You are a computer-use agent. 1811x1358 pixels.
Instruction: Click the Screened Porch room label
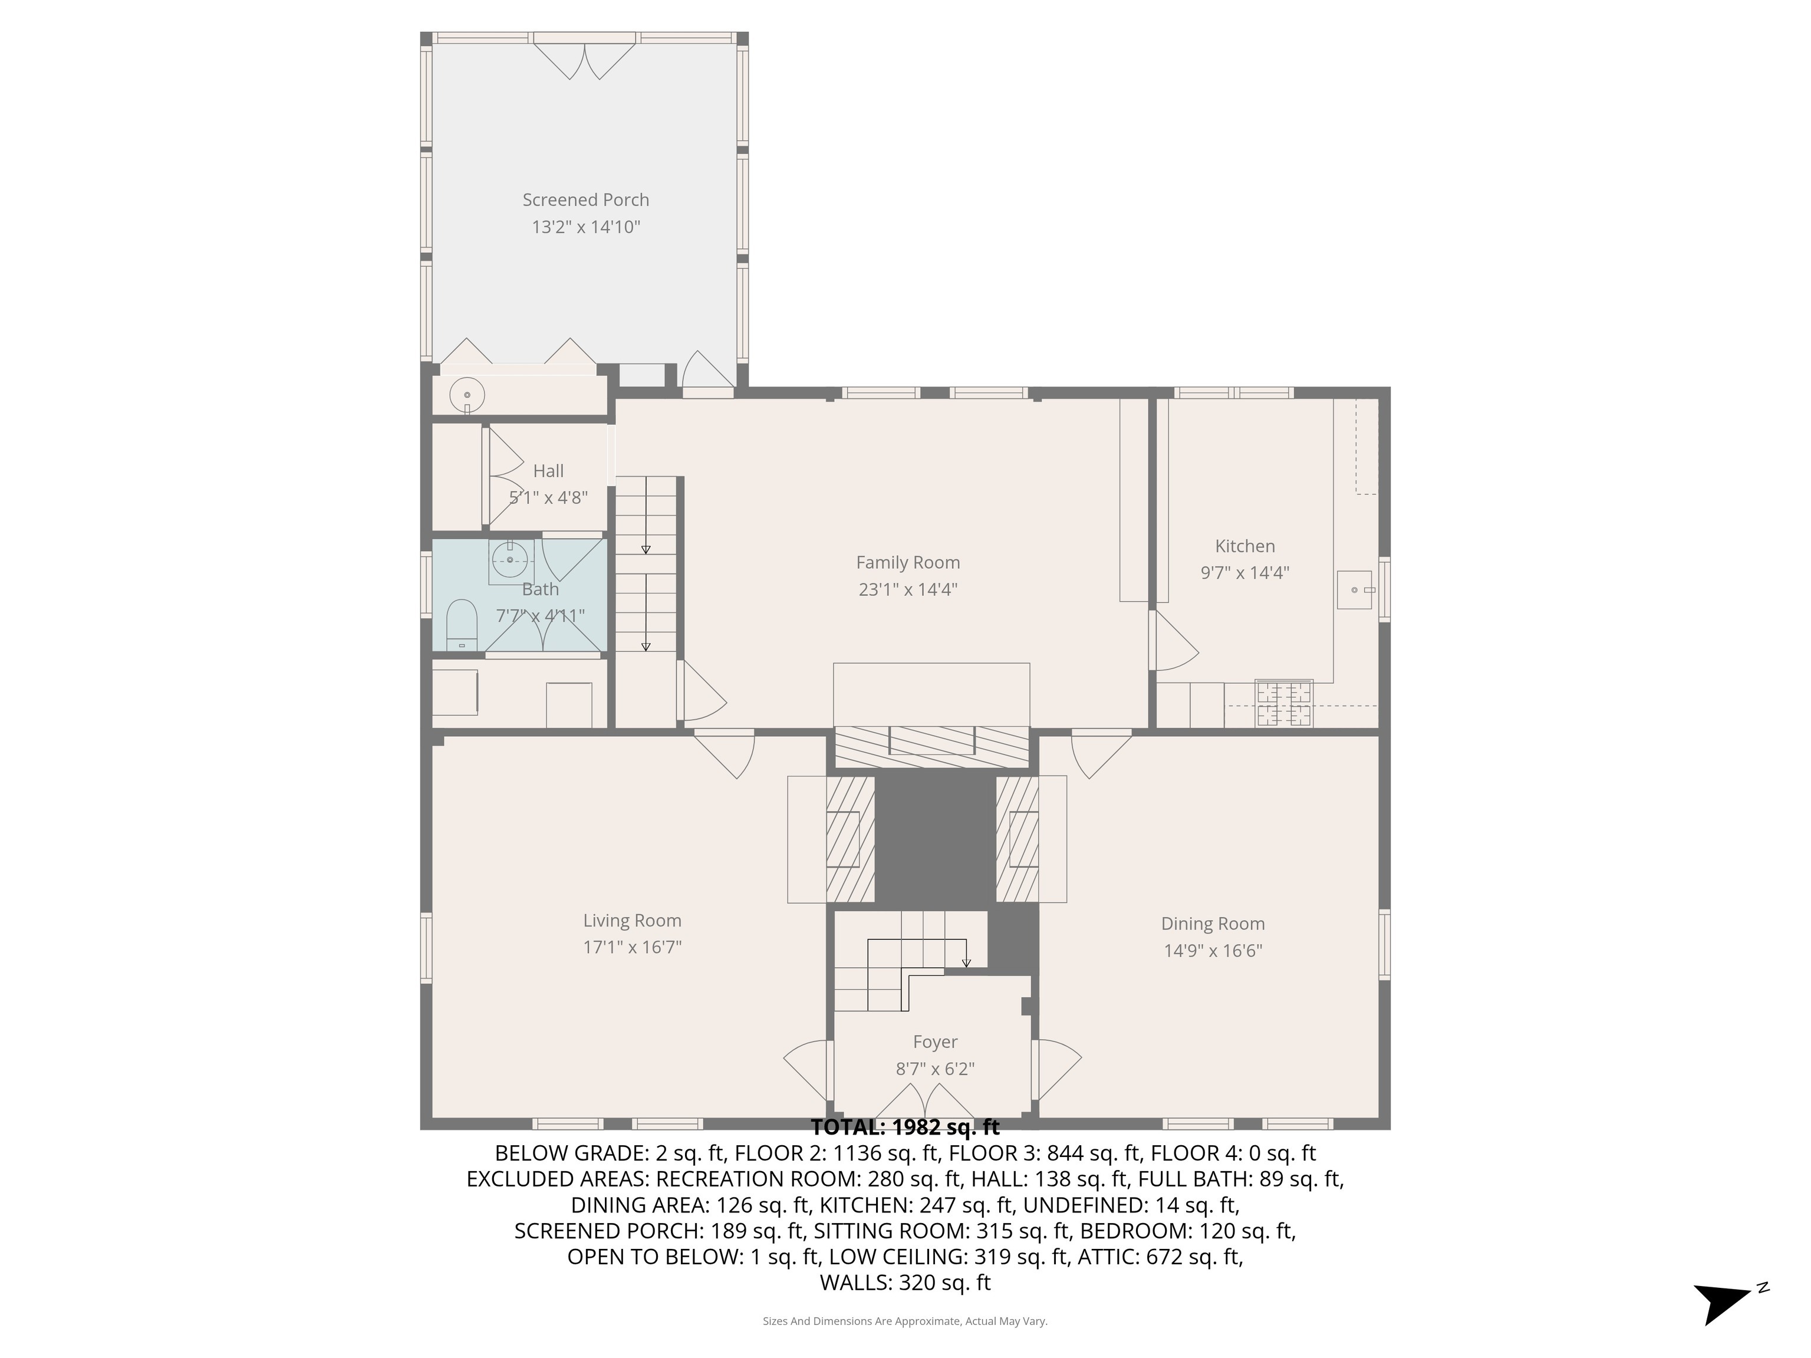pyautogui.click(x=585, y=200)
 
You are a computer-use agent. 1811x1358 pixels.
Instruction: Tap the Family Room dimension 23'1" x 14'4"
pyautogui.click(x=907, y=589)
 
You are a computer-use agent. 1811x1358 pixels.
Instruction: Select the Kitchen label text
pyautogui.click(x=1244, y=546)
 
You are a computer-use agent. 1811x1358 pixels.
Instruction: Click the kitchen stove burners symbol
pyautogui.click(x=1284, y=704)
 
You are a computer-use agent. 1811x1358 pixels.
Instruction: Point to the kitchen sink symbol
pyautogui.click(x=1354, y=590)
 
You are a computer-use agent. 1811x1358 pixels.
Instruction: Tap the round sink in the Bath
pyautogui.click(x=511, y=560)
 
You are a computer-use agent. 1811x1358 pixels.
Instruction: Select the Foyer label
pyautogui.click(x=935, y=1042)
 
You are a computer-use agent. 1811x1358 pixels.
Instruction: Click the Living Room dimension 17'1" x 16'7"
pyautogui.click(x=632, y=947)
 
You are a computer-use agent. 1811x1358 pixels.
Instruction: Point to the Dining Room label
pyautogui.click(x=1213, y=924)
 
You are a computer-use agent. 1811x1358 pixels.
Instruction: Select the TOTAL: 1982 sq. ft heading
pyautogui.click(x=905, y=1127)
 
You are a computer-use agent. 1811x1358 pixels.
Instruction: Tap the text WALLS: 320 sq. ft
pyautogui.click(x=905, y=1283)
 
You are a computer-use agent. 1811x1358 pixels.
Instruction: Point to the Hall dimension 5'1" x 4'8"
pyautogui.click(x=548, y=497)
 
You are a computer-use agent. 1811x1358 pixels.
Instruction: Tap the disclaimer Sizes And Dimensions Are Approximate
pyautogui.click(x=905, y=1321)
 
